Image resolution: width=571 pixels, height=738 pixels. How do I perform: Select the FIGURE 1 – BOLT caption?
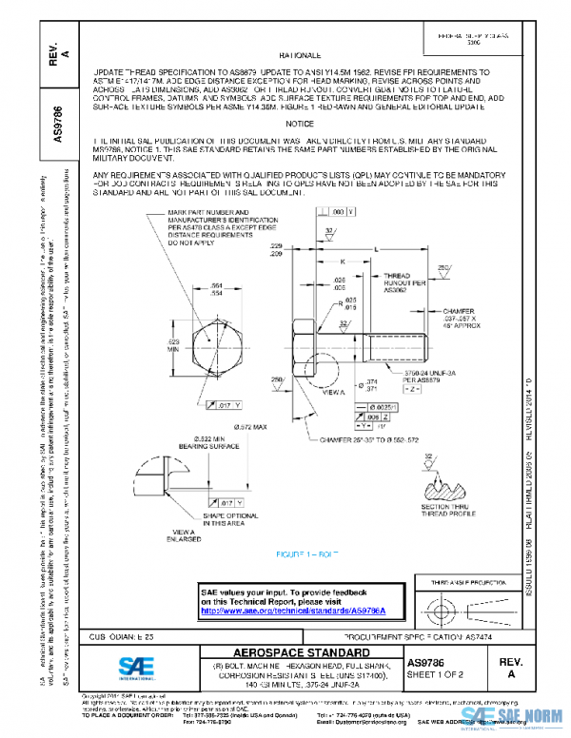pyautogui.click(x=307, y=553)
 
